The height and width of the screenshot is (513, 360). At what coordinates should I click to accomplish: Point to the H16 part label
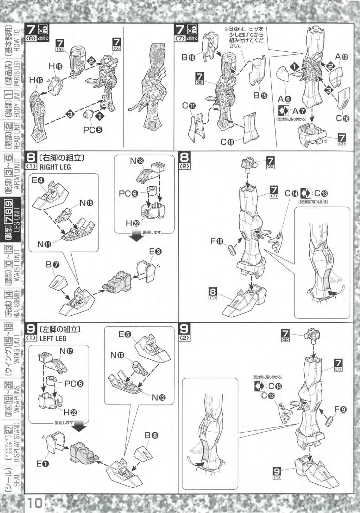pos(36,80)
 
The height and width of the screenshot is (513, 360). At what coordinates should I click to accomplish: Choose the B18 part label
pos(188,57)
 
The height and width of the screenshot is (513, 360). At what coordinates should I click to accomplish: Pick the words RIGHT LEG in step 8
pos(55,167)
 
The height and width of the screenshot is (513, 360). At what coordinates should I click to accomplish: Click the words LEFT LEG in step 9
pos(53,339)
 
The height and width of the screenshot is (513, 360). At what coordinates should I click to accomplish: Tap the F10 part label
pos(217,241)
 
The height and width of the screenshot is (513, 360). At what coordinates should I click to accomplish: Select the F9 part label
pos(341,409)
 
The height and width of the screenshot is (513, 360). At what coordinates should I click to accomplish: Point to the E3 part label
pos(155,252)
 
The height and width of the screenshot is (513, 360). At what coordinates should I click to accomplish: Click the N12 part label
pos(159,397)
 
